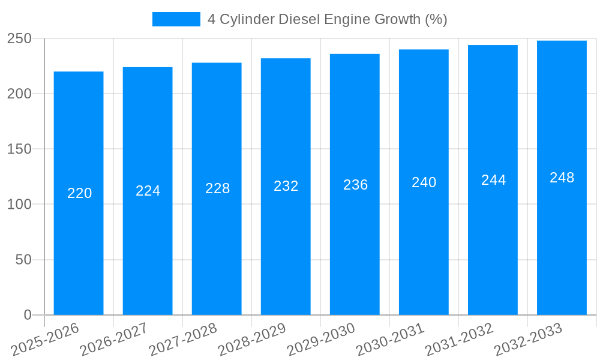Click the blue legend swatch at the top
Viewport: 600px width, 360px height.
point(176,19)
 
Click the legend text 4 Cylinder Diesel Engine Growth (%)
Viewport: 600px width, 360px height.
point(327,19)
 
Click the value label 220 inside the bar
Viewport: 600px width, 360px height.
point(79,193)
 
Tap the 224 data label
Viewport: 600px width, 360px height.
point(148,191)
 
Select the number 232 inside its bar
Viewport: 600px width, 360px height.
point(286,186)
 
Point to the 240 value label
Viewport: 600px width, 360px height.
point(424,182)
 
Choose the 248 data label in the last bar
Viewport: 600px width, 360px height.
point(562,178)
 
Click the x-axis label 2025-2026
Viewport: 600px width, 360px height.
point(46,340)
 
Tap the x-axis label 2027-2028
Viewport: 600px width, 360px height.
point(184,340)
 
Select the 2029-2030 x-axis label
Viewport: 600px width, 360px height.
point(322,340)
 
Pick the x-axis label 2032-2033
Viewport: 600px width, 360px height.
point(529,340)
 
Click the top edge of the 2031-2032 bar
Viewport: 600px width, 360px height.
point(493,46)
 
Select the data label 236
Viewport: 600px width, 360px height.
point(355,185)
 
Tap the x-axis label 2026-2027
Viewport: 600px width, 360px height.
point(115,340)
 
